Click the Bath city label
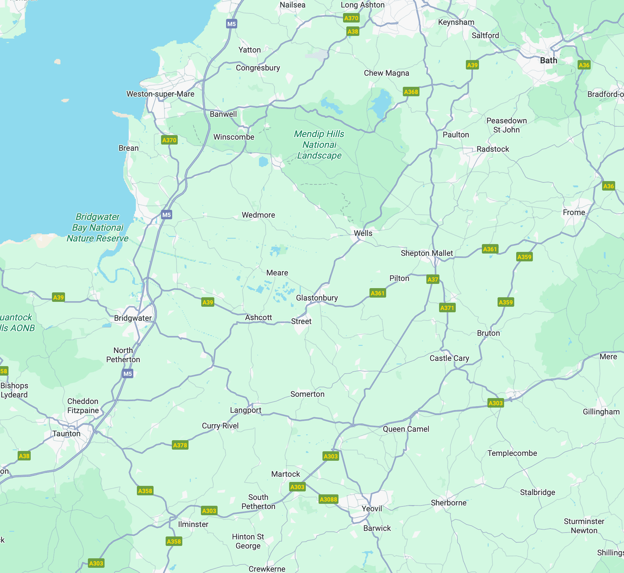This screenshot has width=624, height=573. (x=549, y=61)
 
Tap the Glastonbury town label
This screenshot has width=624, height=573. (x=317, y=298)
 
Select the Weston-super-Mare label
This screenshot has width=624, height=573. (x=160, y=94)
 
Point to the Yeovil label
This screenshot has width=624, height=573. (x=371, y=509)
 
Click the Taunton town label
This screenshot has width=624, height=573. (x=66, y=434)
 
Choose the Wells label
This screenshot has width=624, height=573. (x=363, y=233)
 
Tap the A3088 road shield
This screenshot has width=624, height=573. (x=328, y=499)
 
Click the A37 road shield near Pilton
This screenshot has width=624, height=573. (x=433, y=280)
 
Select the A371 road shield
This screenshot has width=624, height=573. (x=447, y=308)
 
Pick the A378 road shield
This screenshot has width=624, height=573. (x=180, y=445)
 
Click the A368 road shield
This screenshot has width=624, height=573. (x=411, y=92)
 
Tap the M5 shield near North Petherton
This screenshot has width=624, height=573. (x=127, y=374)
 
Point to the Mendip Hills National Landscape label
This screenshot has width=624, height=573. (x=319, y=145)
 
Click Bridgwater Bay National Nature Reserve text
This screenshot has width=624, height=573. (x=98, y=227)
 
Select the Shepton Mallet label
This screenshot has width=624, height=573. (x=427, y=253)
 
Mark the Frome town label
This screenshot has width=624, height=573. (x=574, y=212)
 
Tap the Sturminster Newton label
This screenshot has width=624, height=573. (x=584, y=526)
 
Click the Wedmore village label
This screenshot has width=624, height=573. (x=258, y=215)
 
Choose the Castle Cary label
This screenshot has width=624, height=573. (x=449, y=358)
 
